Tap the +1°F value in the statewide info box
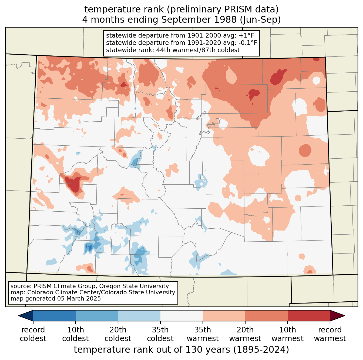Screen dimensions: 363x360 [x=245, y=35]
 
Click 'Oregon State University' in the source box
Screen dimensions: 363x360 [x=134, y=286]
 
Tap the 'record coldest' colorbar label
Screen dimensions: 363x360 [x=33, y=334]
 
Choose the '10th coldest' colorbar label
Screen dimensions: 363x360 [x=75, y=334]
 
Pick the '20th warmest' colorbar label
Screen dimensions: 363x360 [x=245, y=334]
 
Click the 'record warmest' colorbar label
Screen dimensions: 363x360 [x=330, y=334]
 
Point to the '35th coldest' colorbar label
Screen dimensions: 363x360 [x=160, y=334]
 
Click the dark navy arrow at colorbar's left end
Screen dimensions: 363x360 [x=26, y=316]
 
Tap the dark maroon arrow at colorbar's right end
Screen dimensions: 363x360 [x=337, y=316]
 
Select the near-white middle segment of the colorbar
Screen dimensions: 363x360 [x=181, y=316]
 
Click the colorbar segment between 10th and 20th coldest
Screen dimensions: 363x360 [x=97, y=316]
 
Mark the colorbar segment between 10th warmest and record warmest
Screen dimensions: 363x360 [x=309, y=316]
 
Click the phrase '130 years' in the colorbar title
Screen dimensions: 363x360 [x=208, y=350]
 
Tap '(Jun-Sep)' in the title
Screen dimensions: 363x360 [x=260, y=20]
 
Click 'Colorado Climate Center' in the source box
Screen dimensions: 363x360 [x=62, y=292]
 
